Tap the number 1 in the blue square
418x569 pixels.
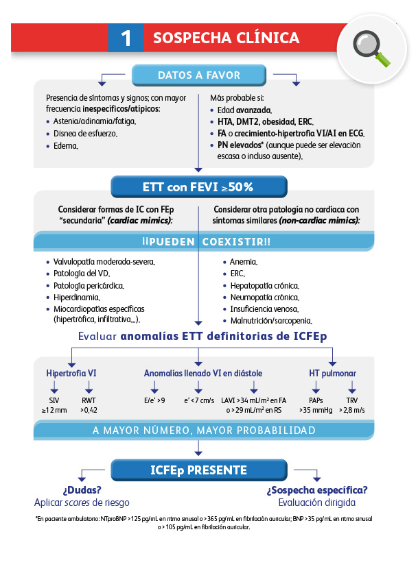coord(126,38)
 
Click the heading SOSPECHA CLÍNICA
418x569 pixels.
coord(226,38)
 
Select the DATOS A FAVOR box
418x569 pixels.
coord(199,75)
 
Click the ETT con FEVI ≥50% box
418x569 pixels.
coord(198,186)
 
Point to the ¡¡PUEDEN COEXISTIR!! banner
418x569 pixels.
coord(198,242)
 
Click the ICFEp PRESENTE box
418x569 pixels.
coord(198,470)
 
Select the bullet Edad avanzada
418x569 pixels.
coord(244,110)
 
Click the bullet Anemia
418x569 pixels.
coord(244,262)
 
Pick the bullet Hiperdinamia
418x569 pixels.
coord(76,298)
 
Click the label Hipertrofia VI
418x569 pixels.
coord(71,374)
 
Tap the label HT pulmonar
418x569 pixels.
coord(332,374)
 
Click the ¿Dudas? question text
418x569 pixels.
coord(82,490)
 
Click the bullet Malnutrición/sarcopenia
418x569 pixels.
coord(271,320)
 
